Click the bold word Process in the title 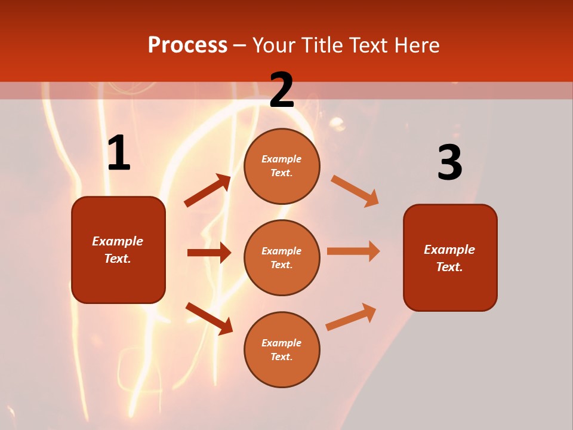tap(187, 45)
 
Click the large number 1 tap(119, 153)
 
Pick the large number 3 tap(449, 163)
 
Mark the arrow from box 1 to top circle tap(208, 191)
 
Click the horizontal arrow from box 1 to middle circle tap(209, 253)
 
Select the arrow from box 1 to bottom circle tap(209, 318)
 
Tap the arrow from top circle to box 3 tap(355, 191)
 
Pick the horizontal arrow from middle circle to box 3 tap(353, 251)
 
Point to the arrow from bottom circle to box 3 tap(351, 317)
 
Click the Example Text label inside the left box tap(118, 250)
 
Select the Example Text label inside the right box tap(449, 258)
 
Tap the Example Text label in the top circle tap(282, 166)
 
